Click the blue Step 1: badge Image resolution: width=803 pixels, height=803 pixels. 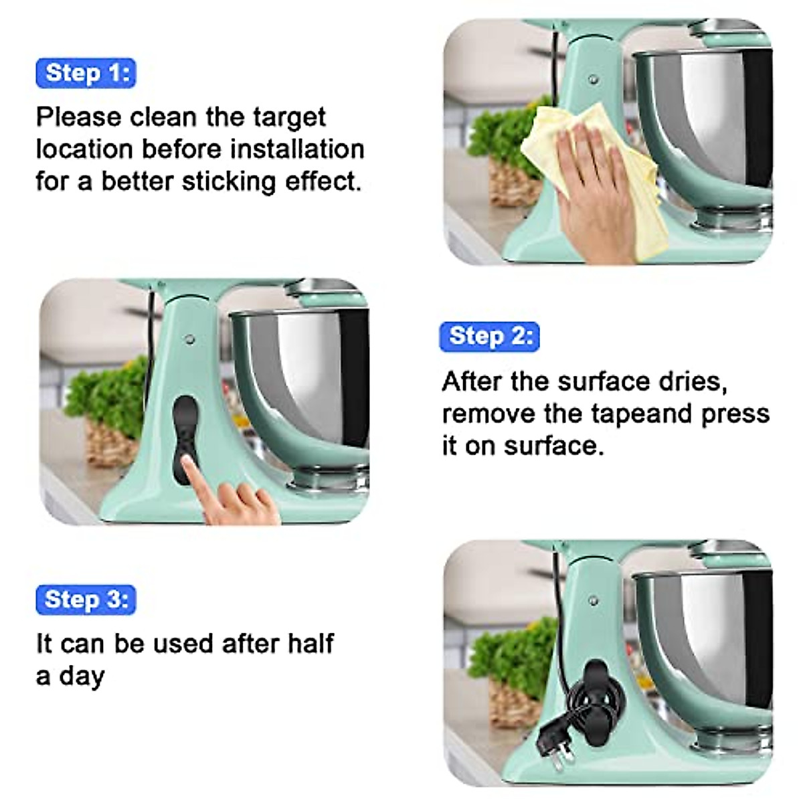[86, 73]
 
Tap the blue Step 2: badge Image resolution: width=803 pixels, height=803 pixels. [489, 336]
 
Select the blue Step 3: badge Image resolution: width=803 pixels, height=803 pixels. [86, 600]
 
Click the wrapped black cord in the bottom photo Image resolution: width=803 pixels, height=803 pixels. [589, 696]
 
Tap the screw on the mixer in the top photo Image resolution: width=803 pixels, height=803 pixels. [593, 80]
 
